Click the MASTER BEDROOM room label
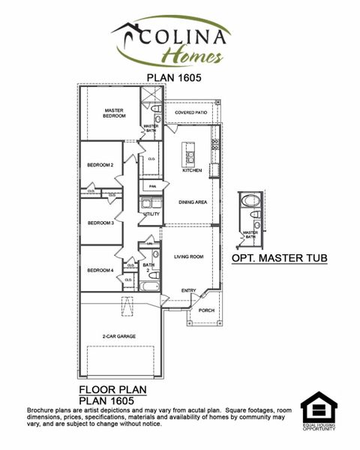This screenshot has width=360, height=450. click(114, 113)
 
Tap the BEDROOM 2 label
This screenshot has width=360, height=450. click(100, 165)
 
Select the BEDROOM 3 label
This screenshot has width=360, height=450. click(100, 223)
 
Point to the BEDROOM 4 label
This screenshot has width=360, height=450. click(100, 270)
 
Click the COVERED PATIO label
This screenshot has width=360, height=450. click(191, 112)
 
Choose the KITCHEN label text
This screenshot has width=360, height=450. click(193, 170)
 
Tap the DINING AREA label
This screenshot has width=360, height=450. click(193, 202)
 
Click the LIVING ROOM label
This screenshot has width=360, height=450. click(189, 256)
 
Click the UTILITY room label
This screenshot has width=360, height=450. click(151, 214)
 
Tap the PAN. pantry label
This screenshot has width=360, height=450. click(152, 186)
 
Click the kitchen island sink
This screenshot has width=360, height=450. click(190, 157)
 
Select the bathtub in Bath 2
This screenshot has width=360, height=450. click(149, 286)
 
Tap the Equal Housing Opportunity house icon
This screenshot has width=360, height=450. click(319, 411)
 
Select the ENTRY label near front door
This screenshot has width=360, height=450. click(189, 291)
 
